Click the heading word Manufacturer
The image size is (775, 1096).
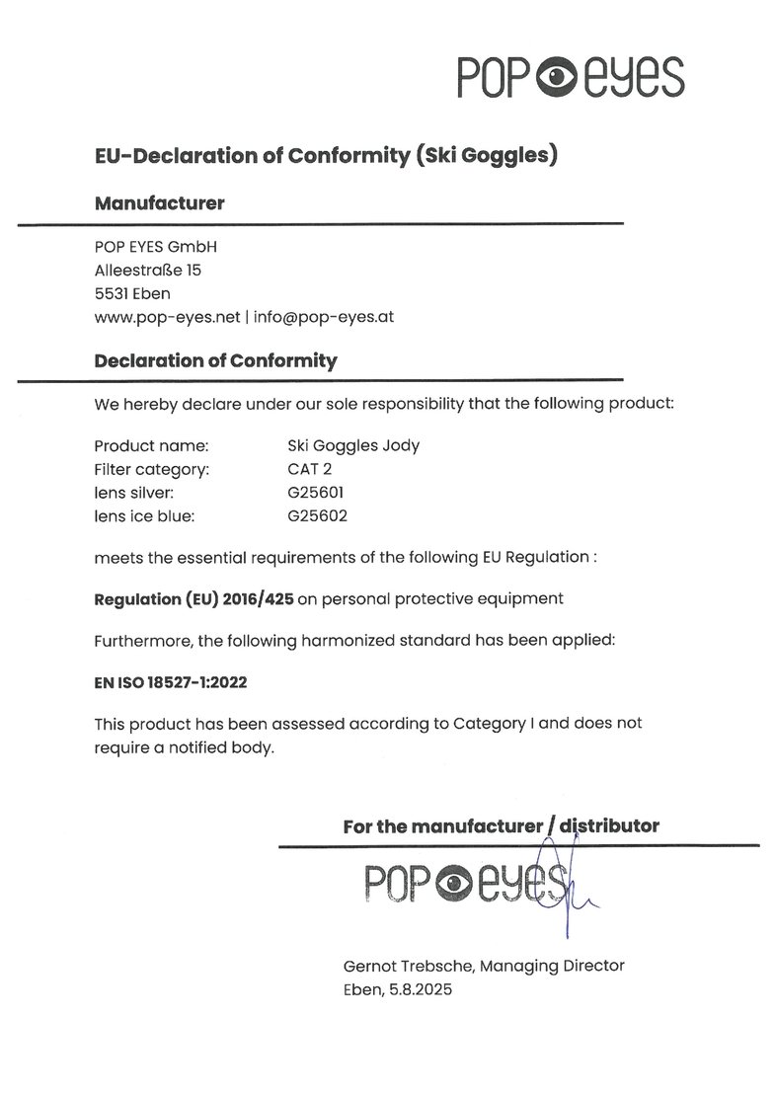(159, 204)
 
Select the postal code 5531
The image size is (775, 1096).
(112, 292)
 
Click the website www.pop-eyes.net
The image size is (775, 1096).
(168, 317)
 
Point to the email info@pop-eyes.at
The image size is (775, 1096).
(325, 317)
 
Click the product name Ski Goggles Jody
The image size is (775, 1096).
(353, 445)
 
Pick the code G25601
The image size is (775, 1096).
(317, 492)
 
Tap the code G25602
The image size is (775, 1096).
(317, 515)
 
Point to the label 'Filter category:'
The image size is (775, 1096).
(152, 469)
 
